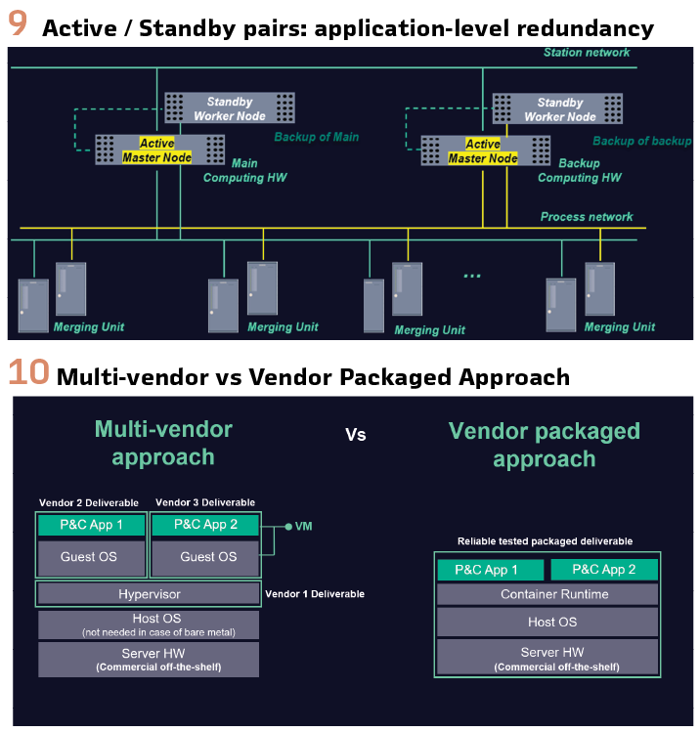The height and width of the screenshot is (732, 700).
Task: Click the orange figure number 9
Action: (18, 23)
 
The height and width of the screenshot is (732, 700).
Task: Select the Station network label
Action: (587, 53)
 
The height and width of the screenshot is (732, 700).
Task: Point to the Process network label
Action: (587, 217)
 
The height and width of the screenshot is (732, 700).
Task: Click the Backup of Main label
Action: (317, 138)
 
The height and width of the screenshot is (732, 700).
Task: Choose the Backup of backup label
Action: (641, 141)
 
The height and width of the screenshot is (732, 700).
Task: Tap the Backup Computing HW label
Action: (580, 171)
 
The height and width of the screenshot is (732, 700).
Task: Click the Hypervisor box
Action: (150, 593)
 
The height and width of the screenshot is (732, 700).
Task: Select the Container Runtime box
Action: (553, 594)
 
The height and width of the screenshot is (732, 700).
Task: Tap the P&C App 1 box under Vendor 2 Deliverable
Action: (92, 525)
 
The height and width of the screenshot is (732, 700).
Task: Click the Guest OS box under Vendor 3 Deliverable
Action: (208, 557)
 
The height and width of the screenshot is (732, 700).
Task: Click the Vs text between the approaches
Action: (356, 434)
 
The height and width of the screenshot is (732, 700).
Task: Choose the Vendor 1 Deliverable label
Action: (315, 593)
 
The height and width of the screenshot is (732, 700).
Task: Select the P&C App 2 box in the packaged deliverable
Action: (603, 570)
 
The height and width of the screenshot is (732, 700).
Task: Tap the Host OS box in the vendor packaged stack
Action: (552, 622)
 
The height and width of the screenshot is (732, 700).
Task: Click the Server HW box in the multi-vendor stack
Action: (150, 659)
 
